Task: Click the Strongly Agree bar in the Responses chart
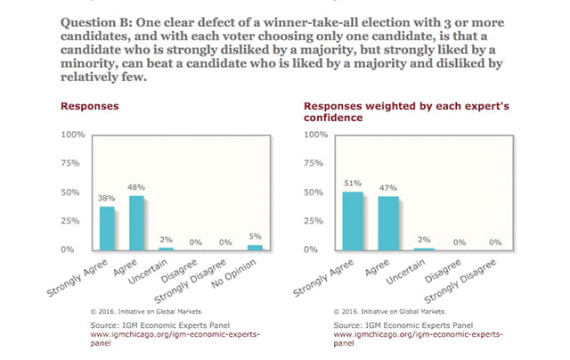[107, 228]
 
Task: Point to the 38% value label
[107, 199]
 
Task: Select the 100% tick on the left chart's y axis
[71, 135]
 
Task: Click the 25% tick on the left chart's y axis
[73, 221]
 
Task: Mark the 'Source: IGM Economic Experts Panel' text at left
[138, 327]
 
